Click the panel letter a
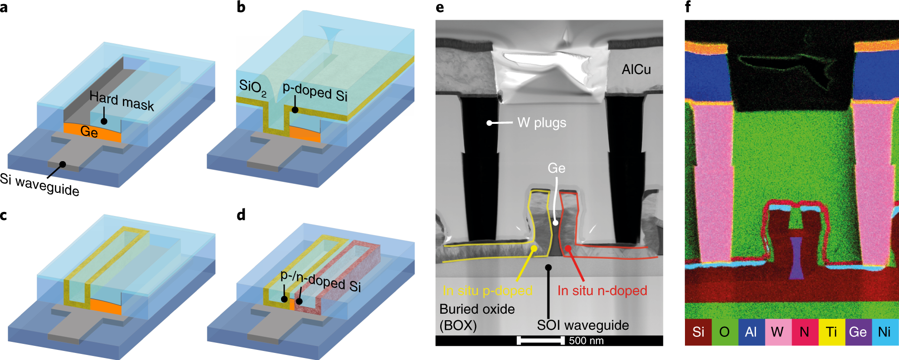click(4, 8)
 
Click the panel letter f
click(688, 7)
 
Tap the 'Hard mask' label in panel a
click(121, 101)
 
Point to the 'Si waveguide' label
click(40, 185)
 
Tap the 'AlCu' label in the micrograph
click(636, 69)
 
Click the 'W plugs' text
click(541, 123)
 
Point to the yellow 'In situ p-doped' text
click(488, 291)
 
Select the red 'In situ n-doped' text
click(602, 291)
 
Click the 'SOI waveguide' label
click(583, 325)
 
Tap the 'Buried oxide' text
click(477, 309)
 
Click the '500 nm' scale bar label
click(586, 341)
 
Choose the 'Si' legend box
click(698, 332)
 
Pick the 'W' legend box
click(777, 332)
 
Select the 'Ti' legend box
click(831, 332)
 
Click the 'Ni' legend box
click(884, 332)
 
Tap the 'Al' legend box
click(750, 332)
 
